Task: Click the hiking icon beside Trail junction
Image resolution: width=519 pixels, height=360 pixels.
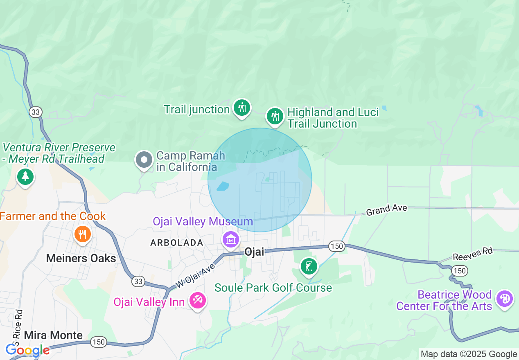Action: [x=242, y=108]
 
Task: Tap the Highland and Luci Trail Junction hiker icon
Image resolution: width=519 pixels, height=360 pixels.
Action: [x=275, y=117]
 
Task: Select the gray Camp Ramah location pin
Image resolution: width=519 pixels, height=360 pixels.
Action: [x=144, y=160]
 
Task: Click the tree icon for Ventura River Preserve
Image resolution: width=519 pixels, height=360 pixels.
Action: [x=25, y=176]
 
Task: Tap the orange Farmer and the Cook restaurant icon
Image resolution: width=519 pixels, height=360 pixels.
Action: [x=82, y=234]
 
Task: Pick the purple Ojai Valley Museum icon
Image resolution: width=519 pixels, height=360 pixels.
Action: [x=231, y=239]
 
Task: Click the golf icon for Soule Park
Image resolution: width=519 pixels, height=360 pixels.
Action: [x=309, y=267]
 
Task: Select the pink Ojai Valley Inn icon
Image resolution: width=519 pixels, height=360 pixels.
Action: [x=198, y=301]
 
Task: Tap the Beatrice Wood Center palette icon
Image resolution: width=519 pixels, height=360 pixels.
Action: [x=504, y=299]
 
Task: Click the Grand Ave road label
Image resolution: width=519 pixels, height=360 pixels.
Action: [x=386, y=210]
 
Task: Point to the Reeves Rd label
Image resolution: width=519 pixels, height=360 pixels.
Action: [x=473, y=254]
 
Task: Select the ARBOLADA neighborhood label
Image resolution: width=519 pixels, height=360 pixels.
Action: [x=177, y=243]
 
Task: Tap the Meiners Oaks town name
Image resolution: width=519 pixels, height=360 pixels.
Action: [x=81, y=258]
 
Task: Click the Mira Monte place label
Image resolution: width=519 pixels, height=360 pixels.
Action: [x=53, y=335]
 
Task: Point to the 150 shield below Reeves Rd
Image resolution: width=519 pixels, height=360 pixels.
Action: [x=460, y=270]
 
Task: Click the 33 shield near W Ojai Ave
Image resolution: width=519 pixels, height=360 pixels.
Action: [x=138, y=281]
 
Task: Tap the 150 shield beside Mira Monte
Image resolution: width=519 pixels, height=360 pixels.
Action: [x=99, y=342]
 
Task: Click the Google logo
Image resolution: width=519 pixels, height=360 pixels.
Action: [x=27, y=350]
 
